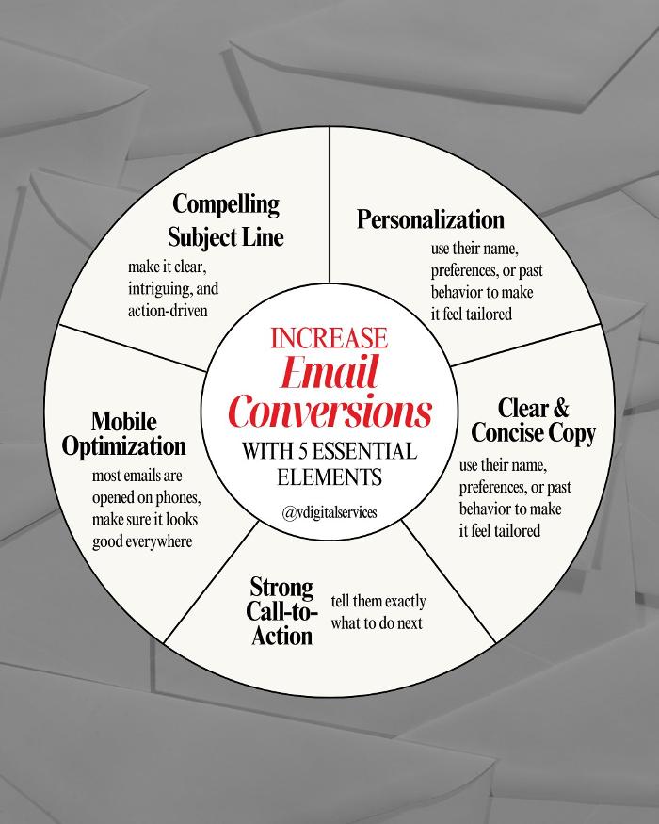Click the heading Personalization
[x=430, y=219]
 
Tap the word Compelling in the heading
[x=225, y=203]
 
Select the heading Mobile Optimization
[x=124, y=433]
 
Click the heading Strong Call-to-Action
[x=281, y=612]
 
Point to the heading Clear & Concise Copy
[x=533, y=421]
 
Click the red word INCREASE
[x=329, y=337]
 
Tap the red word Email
[x=329, y=374]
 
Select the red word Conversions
[x=329, y=411]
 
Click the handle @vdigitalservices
[x=329, y=514]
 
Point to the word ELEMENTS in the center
[x=329, y=477]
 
